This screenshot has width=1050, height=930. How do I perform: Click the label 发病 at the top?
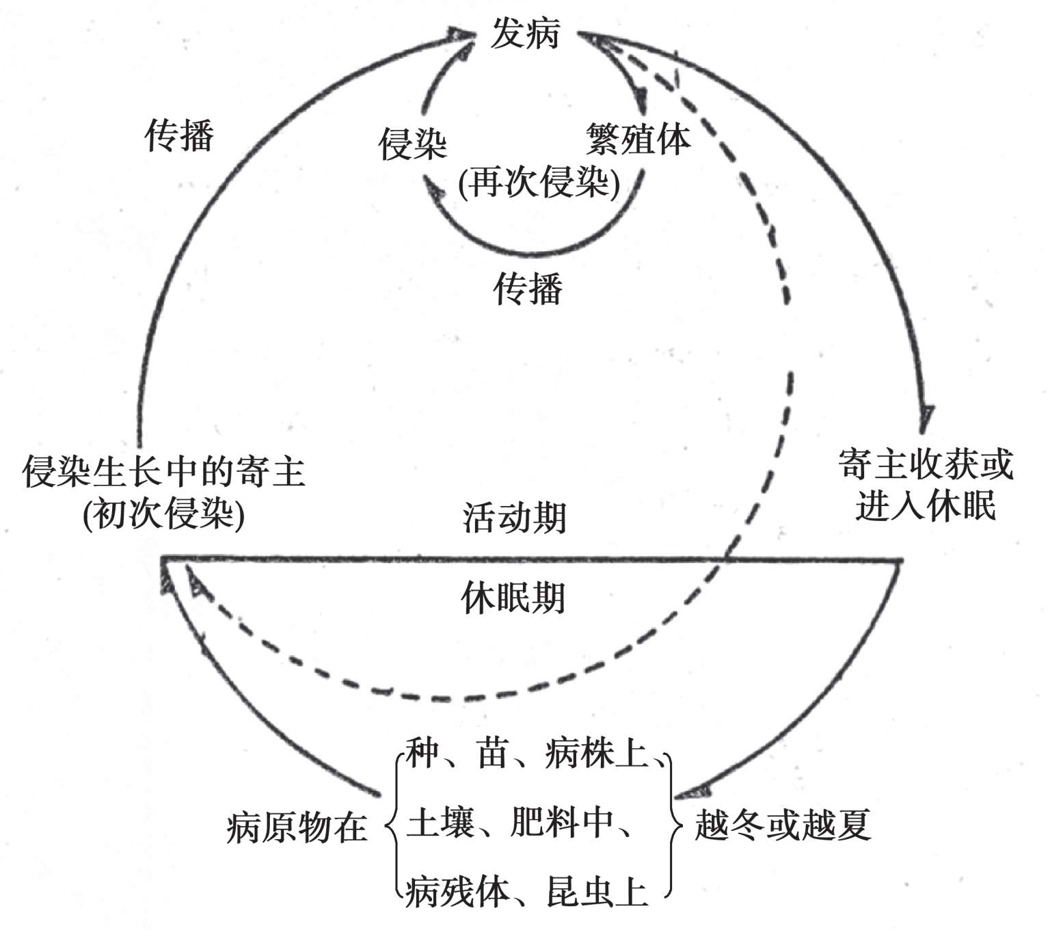pyautogui.click(x=525, y=33)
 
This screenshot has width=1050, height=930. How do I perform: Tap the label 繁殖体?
pyautogui.click(x=638, y=139)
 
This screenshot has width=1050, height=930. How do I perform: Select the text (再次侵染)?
pyautogui.click(x=539, y=183)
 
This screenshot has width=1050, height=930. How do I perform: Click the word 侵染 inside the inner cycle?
pyautogui.click(x=413, y=144)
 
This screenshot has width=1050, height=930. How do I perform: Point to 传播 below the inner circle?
pyautogui.click(x=528, y=288)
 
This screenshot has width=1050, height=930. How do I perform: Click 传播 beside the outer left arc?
pyautogui.click(x=180, y=135)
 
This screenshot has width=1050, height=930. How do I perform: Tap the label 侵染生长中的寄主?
pyautogui.click(x=164, y=471)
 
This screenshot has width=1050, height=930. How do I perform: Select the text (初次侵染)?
pyautogui.click(x=164, y=514)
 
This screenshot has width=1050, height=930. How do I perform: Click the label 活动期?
pyautogui.click(x=514, y=517)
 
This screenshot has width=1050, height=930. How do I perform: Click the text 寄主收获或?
pyautogui.click(x=926, y=466)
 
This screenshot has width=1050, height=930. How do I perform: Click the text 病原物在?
pyautogui.click(x=297, y=827)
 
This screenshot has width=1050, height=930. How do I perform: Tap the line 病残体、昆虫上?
pyautogui.click(x=526, y=891)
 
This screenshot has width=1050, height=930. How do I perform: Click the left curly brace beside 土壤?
pyautogui.click(x=393, y=825)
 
